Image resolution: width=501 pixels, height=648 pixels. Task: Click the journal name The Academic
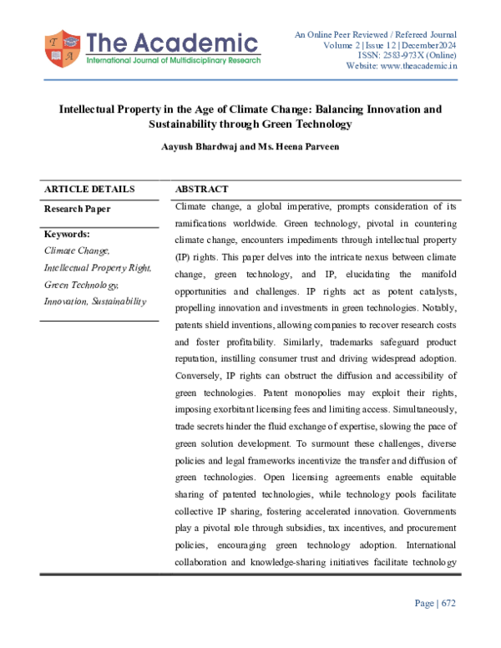pyautogui.click(x=171, y=43)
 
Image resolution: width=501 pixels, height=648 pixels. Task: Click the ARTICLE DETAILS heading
pyautogui.click(x=89, y=190)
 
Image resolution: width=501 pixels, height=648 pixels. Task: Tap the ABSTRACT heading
pyautogui.click(x=202, y=190)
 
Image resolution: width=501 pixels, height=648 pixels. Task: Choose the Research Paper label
pyautogui.click(x=77, y=209)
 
